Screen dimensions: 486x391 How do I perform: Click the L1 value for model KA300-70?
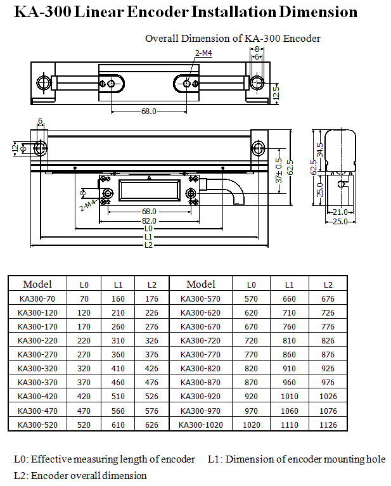coord(118,299)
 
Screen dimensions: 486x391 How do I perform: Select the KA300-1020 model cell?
coord(201,425)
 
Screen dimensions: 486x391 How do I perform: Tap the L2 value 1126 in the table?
coord(328,425)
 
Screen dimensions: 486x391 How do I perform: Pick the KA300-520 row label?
coord(38,425)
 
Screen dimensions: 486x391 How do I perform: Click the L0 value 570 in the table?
coord(252,299)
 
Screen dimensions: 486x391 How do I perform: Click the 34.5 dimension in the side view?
coord(320,150)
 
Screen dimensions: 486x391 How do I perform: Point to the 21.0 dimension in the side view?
coord(340,212)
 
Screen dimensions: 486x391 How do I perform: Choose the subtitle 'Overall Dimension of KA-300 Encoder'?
coord(233,39)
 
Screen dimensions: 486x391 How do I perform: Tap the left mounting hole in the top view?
coord(44,83)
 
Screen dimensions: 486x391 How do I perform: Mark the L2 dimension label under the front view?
coord(148,245)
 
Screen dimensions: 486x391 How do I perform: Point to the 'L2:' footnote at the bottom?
coord(21,475)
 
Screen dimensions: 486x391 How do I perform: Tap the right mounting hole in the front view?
coord(259,148)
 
